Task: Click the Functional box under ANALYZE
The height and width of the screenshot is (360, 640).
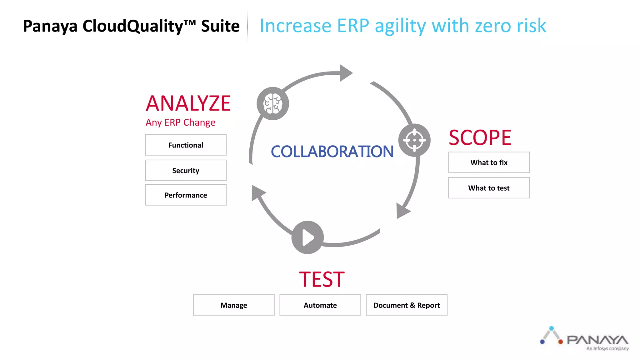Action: pos(186,145)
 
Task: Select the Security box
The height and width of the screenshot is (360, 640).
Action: pos(186,170)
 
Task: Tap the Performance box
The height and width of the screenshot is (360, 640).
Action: pos(186,195)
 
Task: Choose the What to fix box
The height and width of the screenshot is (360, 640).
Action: pos(489,162)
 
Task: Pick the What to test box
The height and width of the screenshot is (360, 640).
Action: pos(489,188)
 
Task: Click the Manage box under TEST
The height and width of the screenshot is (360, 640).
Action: pos(234,305)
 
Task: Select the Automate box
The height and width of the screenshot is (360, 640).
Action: pos(320,305)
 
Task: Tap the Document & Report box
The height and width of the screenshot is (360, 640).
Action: pos(407,305)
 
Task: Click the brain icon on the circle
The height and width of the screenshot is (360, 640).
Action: pos(273,104)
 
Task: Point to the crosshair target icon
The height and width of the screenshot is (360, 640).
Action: pos(414,140)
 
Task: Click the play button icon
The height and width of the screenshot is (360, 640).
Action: pos(307,237)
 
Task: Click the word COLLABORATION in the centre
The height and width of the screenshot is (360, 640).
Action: pos(332,152)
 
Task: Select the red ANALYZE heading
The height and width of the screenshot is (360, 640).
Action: pos(188,103)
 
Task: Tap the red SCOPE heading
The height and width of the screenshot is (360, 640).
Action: pos(480,138)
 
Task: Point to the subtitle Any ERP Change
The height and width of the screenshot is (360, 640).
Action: pos(180,122)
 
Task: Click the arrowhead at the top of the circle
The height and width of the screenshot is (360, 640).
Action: pos(345,73)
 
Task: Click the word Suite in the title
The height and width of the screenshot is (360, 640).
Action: pos(220,26)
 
